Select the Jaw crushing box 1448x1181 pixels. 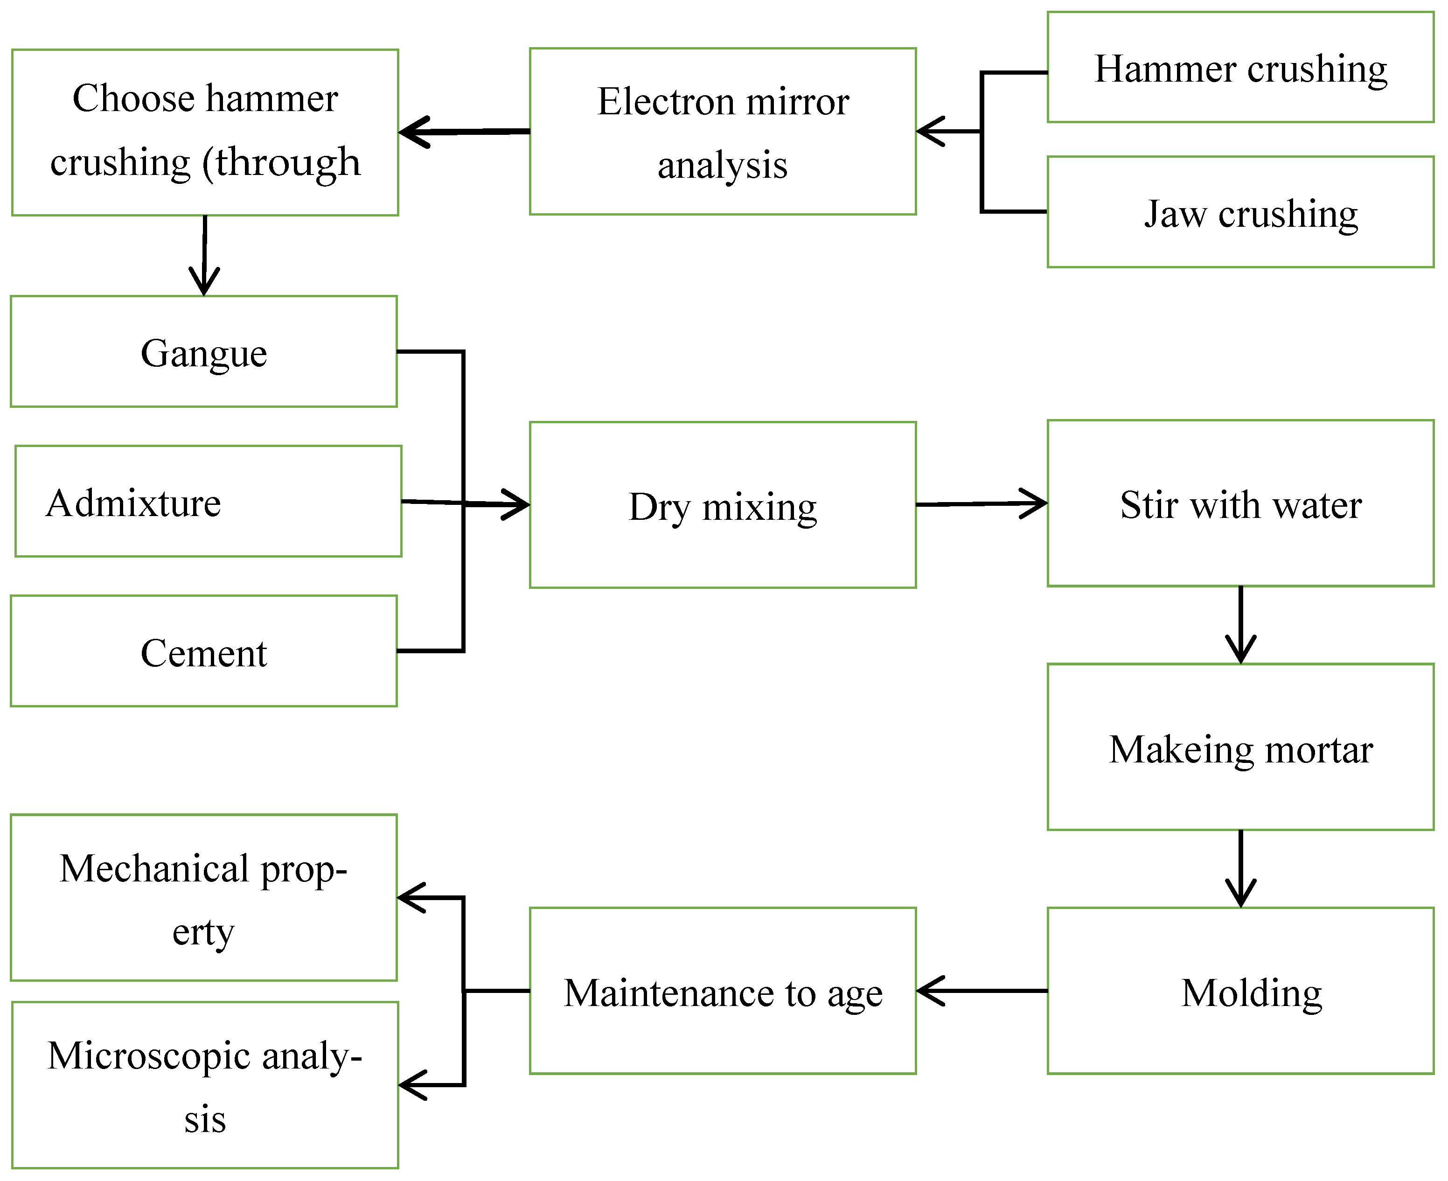coord(1240,213)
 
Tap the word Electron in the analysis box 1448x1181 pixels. coord(665,102)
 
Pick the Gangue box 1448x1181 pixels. coord(203,352)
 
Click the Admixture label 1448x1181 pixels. coord(134,503)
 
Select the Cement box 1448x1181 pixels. coord(203,652)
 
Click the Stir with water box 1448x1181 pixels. coord(1240,504)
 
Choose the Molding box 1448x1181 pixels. coord(1240,992)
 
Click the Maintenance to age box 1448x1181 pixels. coord(722,992)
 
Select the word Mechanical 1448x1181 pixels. coord(155,869)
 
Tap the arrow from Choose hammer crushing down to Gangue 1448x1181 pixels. coord(204,255)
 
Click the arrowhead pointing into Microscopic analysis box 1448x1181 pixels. coord(413,1085)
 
